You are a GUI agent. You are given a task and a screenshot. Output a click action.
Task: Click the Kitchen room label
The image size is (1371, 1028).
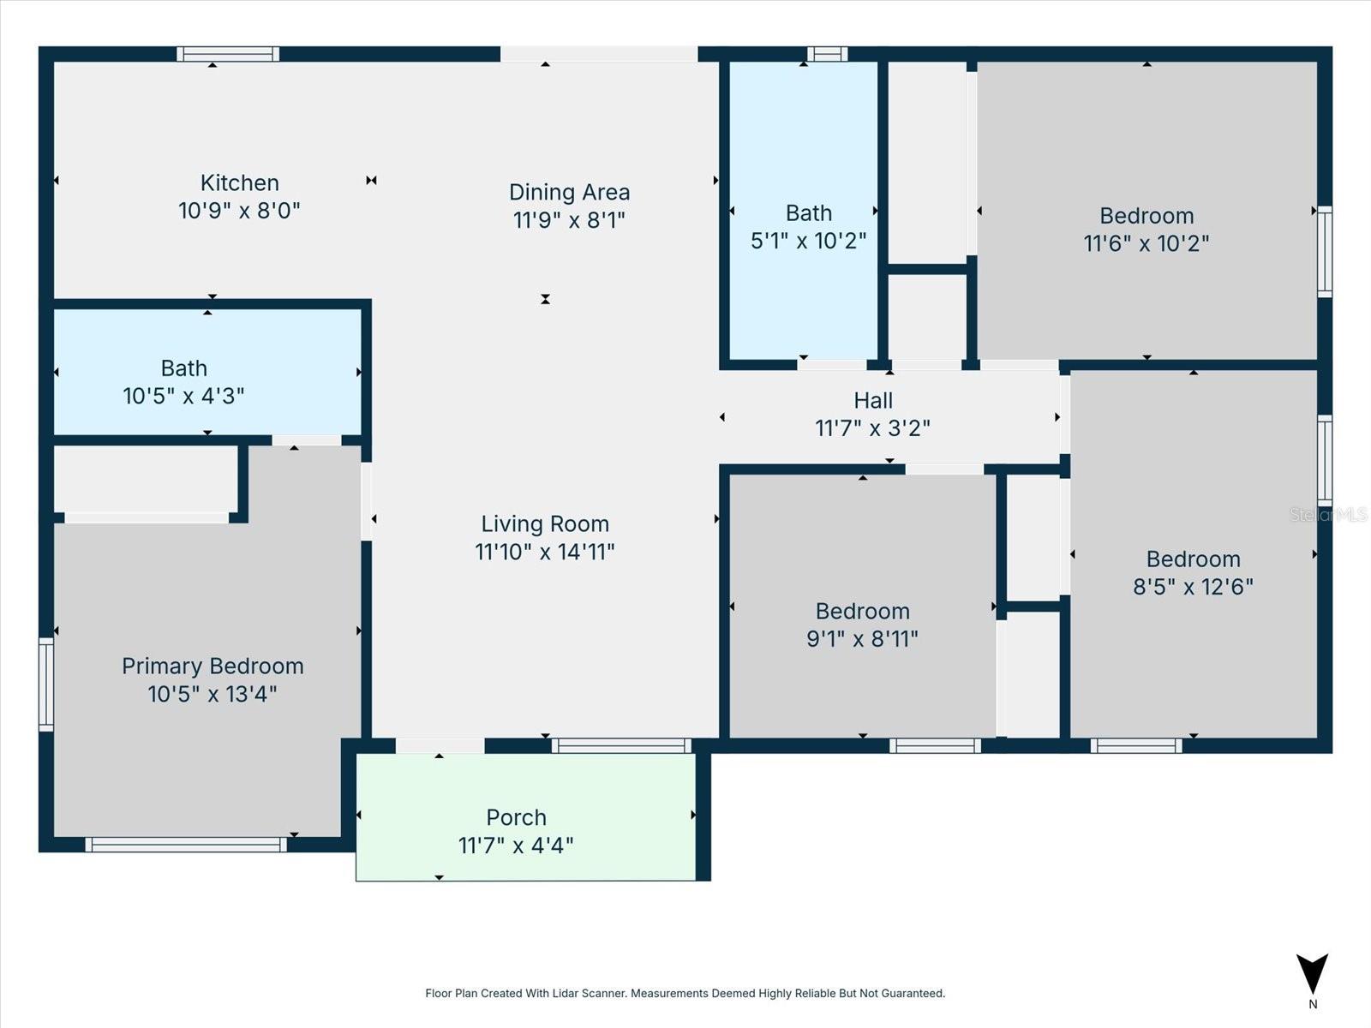[239, 182]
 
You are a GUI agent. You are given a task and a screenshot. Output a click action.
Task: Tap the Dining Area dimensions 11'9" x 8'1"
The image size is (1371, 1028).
[569, 220]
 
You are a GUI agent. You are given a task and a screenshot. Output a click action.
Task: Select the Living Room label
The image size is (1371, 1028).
[545, 523]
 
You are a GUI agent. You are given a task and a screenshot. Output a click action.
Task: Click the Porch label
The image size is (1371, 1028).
[516, 817]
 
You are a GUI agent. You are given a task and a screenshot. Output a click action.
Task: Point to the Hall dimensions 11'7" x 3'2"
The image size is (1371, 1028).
[872, 428]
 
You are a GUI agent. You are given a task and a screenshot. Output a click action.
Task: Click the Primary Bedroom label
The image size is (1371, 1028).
[213, 666]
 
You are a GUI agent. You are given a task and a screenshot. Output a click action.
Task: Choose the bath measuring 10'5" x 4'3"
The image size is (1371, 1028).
[183, 382]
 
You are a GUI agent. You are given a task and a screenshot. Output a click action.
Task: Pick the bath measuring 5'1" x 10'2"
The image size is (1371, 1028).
[808, 226]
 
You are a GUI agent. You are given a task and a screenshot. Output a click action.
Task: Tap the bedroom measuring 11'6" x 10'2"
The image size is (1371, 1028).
[1146, 229]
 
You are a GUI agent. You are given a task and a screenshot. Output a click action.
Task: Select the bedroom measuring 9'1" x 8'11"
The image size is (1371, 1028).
[862, 625]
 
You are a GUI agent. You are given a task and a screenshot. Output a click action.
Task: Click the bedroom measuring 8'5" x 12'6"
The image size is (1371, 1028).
[1193, 572]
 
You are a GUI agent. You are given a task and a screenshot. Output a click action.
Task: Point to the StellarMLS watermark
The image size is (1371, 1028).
[1328, 514]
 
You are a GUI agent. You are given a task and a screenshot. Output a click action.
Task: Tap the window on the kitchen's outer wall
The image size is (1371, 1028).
[227, 54]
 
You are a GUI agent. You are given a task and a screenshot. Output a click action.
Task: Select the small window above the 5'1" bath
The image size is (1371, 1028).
[827, 54]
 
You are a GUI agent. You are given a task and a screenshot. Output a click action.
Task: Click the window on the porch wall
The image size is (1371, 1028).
[621, 745]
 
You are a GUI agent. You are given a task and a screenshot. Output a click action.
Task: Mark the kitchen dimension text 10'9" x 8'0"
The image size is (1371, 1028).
[239, 211]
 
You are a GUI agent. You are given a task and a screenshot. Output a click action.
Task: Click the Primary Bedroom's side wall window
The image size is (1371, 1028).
[46, 684]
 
